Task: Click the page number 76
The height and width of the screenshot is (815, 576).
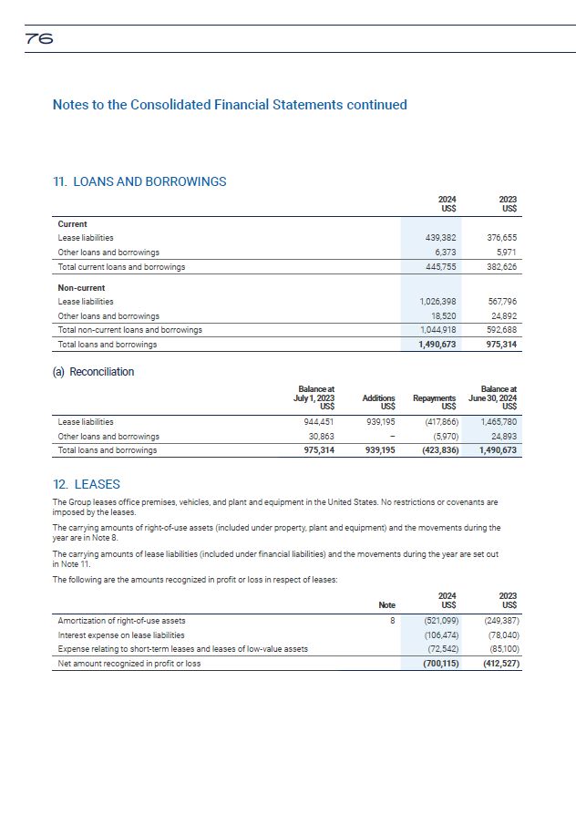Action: [39, 39]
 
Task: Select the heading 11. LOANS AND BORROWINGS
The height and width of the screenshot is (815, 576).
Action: [139, 181]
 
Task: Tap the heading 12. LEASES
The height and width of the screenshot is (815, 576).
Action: [87, 484]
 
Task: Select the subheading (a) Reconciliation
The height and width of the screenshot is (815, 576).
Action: [93, 372]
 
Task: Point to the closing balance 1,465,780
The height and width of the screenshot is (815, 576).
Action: [498, 422]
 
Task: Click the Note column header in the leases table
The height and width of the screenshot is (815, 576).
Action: [387, 604]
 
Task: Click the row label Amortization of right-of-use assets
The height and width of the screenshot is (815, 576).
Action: [121, 621]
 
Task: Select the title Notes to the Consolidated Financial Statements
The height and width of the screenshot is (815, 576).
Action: [230, 105]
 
